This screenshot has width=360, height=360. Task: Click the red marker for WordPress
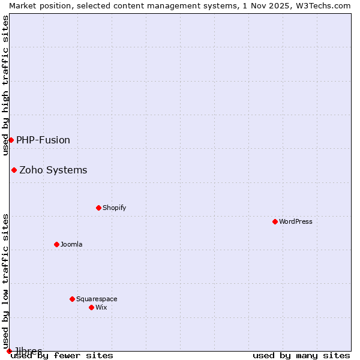[275, 221]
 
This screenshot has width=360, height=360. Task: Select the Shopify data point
[98, 208]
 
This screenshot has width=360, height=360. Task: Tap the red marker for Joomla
[56, 244]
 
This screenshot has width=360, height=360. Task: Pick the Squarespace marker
[72, 299]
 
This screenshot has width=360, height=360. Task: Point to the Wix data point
[91, 307]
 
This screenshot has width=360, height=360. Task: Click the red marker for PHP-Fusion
[11, 140]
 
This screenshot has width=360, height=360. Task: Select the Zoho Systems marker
[14, 170]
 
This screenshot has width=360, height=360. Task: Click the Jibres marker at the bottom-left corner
[9, 351]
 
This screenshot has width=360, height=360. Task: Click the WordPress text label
[295, 221]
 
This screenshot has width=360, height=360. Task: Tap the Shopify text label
[114, 208]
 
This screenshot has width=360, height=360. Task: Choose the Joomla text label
[71, 244]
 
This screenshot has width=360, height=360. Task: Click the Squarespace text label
[97, 299]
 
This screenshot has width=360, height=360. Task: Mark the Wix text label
[101, 307]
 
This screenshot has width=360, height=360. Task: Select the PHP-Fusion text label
[43, 140]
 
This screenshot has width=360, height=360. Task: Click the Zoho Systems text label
[53, 170]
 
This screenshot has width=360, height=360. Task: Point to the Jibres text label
[28, 350]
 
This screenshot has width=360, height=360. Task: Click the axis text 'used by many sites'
[301, 356]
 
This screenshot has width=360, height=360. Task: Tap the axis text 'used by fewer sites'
[62, 356]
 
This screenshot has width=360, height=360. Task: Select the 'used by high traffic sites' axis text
[5, 85]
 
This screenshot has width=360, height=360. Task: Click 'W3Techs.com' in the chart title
[322, 5]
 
